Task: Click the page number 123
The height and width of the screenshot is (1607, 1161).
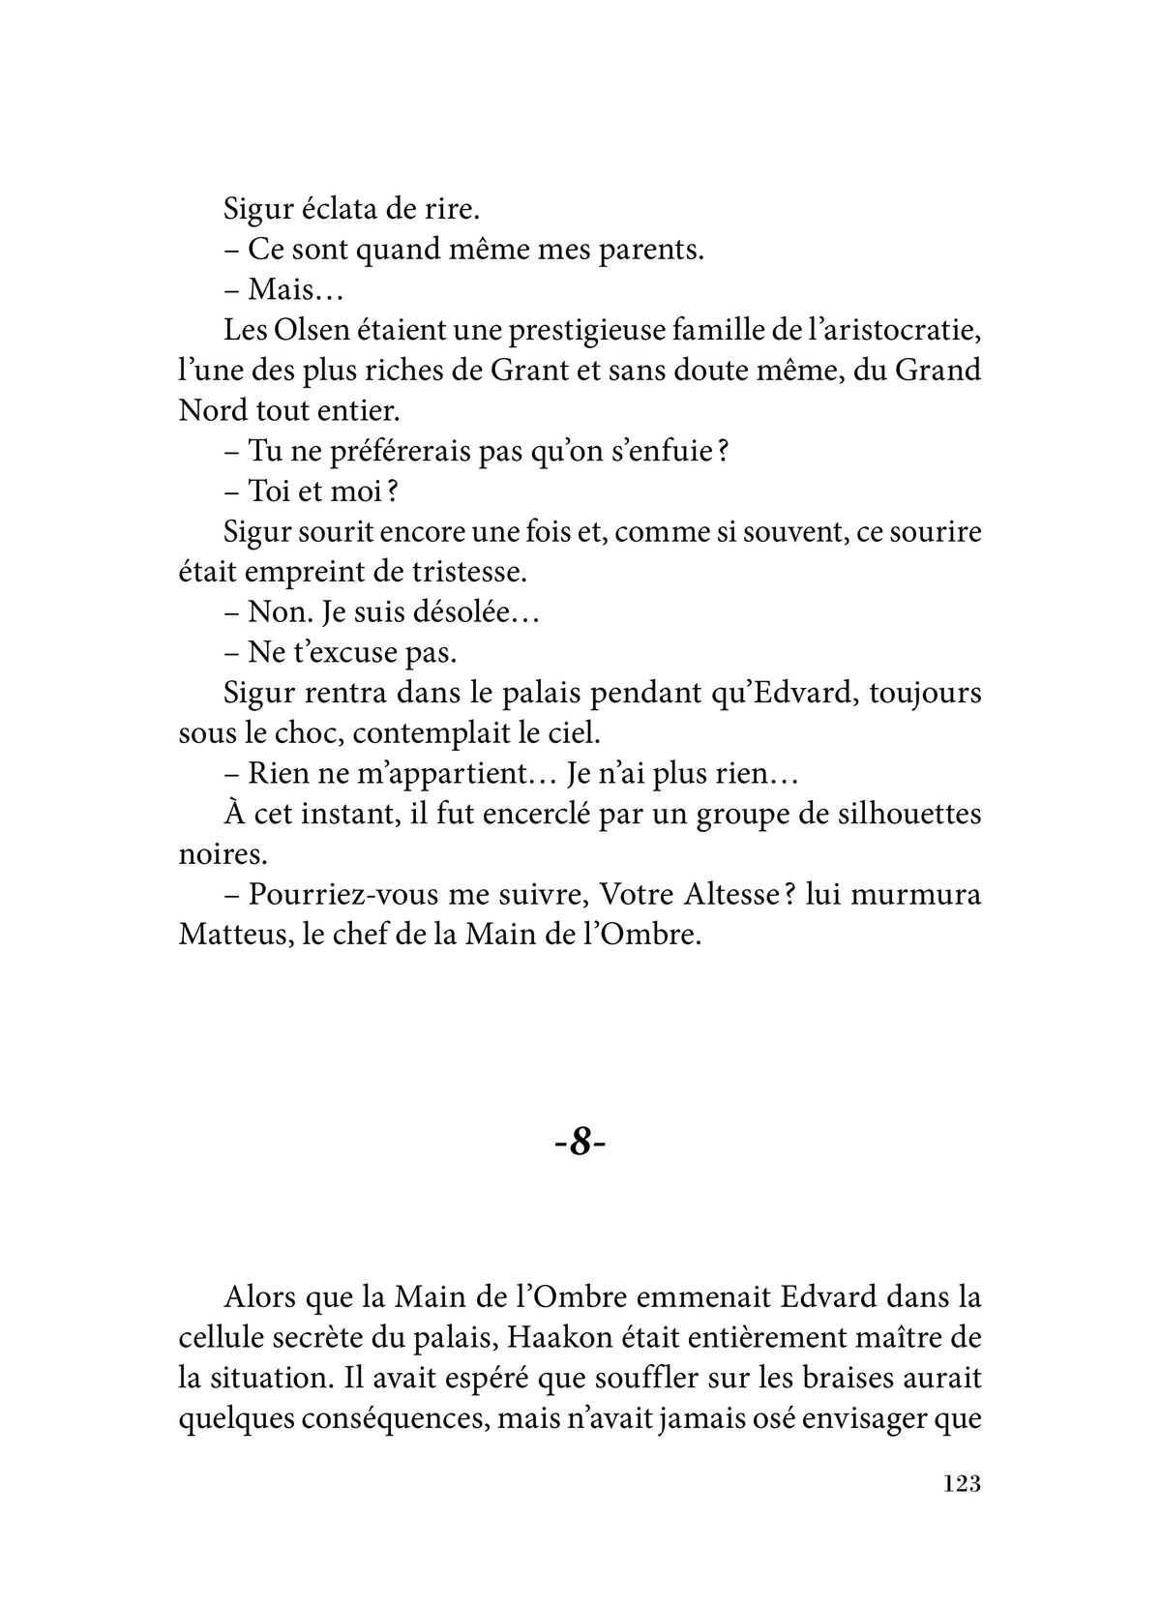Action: (961, 1510)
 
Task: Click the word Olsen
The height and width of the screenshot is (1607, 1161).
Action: (321, 331)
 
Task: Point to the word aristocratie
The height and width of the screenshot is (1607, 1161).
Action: (906, 331)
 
